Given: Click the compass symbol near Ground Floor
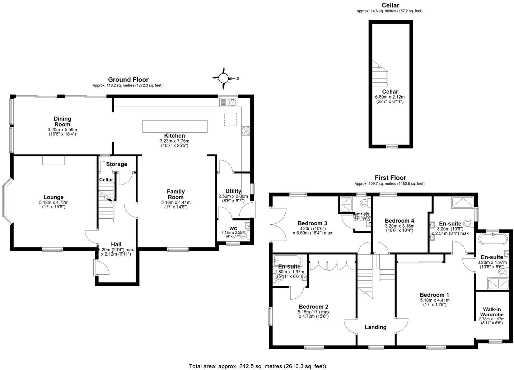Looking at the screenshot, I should pos(224,78).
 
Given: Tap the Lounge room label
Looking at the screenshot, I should pos(53,197).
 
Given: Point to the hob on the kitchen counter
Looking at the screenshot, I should pos(246,131).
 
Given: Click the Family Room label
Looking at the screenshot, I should pos(176,194).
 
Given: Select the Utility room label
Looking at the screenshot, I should pos(233,191).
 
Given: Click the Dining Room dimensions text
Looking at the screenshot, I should pos(62,132).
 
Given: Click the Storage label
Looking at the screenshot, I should pos(117,164).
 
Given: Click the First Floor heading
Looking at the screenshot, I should pos(390,177).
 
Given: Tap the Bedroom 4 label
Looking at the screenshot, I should pos(399,220).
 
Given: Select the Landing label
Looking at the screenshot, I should pos(375,327).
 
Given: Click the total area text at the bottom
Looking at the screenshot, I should pos(257,366).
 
